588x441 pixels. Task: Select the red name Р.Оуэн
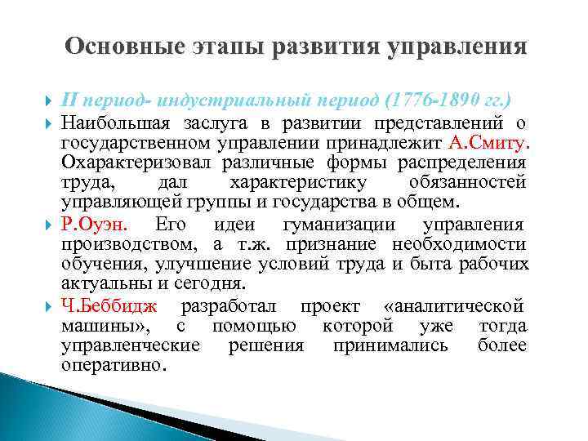[x=92, y=225]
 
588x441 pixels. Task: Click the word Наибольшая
[x=114, y=123]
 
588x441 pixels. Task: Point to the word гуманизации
[x=337, y=225]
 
